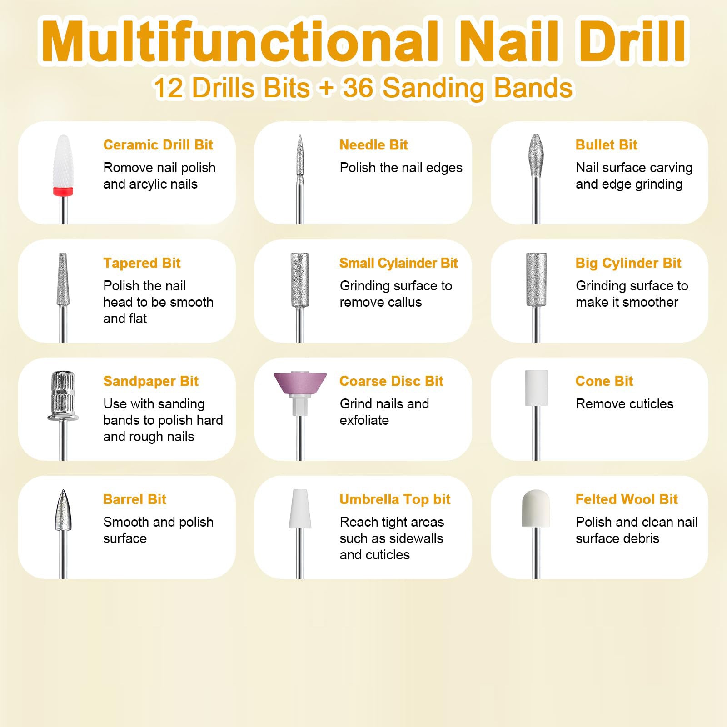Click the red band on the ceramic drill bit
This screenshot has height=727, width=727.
tap(63, 191)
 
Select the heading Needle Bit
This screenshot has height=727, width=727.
tap(373, 145)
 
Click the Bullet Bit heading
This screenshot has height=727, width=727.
tap(606, 145)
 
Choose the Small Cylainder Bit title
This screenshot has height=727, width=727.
tap(398, 263)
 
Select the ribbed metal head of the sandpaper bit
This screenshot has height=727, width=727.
tap(63, 391)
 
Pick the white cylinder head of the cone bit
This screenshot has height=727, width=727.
tap(536, 388)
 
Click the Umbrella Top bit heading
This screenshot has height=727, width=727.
tap(394, 499)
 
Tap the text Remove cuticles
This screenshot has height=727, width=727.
tap(624, 404)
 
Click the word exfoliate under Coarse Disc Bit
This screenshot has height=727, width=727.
tap(364, 420)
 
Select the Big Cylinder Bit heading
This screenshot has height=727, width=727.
tap(628, 263)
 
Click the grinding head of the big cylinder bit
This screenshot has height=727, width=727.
tap(536, 279)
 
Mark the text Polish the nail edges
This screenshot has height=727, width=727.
tap(401, 168)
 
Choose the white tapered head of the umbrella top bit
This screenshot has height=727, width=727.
tap(300, 509)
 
